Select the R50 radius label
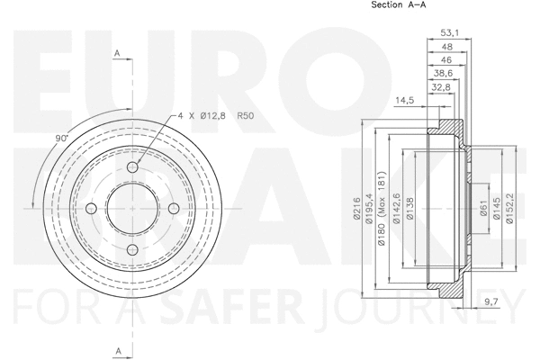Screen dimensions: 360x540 coord(246,115)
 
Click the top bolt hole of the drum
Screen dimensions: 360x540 coord(132,168)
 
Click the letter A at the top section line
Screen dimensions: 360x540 coord(117,55)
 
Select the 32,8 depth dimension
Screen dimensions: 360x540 coord(440,88)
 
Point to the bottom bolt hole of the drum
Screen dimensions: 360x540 coord(132,250)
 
